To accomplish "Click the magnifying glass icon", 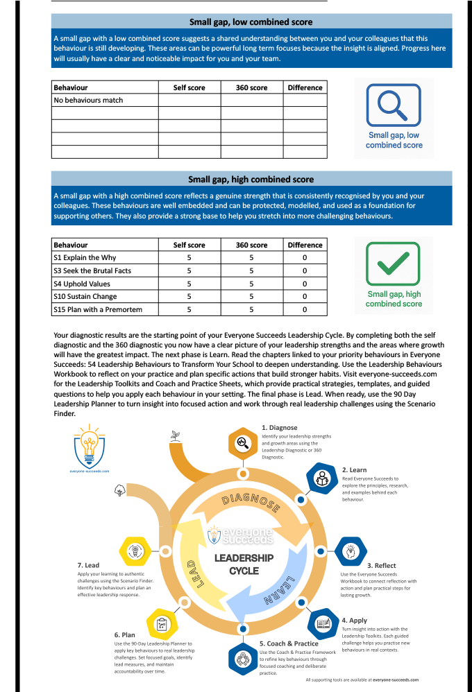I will pos(393,105).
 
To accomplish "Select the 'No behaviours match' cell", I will pos(88,101).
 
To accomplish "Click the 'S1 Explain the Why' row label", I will pos(85,258).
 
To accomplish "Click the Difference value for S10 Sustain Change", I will pos(305,297).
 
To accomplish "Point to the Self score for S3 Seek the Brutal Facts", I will pos(189,270).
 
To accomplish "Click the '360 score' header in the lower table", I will pos(251,245).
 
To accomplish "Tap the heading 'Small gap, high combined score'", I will pos(251,180).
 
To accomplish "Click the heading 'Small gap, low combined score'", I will pos(251,22).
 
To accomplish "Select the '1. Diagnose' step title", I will pos(279,428).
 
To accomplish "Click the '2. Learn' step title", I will pos(354,470).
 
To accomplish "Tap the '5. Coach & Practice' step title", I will pos(289,643).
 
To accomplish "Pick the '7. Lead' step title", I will pos(88,565).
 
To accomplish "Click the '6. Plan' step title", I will pos(125,634).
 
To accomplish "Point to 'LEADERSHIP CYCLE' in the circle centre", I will pos(244,564).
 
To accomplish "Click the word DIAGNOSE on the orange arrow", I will pos(251,503).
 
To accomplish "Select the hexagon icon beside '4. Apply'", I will pos(323,623).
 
